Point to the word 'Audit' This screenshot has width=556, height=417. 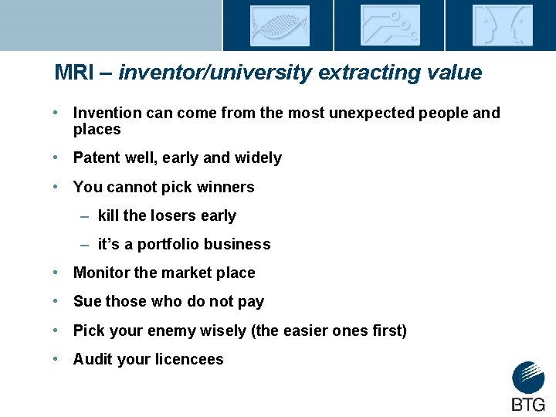[x=93, y=359]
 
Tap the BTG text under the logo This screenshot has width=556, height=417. [x=528, y=404]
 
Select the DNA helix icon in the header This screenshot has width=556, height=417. [x=279, y=25]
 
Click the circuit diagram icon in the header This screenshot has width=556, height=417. [x=390, y=25]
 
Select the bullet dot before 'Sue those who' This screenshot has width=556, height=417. [x=58, y=301]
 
